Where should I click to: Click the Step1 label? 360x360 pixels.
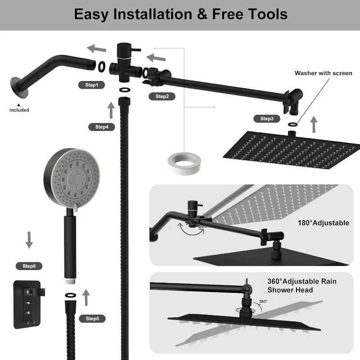pos(92,85)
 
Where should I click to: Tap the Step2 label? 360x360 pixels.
pos(162,96)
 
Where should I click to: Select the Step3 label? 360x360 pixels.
pos(267,119)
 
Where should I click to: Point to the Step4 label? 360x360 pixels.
pos(102,127)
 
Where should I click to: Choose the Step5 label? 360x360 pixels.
pos(92,319)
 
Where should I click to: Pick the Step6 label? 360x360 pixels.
pos(29,266)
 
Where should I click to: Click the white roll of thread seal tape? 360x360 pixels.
pos(184,163)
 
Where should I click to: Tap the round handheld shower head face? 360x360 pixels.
pos(76,178)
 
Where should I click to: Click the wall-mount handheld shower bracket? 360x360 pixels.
pos(28,305)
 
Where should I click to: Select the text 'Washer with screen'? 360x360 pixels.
pos(323,73)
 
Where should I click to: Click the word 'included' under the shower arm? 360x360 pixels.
pos(19,110)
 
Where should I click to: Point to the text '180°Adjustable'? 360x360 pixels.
pos(323,223)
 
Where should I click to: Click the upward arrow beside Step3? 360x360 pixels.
pos(314,124)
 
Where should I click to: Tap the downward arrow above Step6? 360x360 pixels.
pos(29,240)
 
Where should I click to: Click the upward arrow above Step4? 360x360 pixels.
pos(111,110)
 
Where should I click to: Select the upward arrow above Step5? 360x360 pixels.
pos(86,297)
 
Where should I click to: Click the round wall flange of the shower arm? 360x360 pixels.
pos(19,88)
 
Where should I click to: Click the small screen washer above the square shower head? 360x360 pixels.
pos(293,125)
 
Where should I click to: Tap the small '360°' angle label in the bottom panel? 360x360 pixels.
pos(263,301)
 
